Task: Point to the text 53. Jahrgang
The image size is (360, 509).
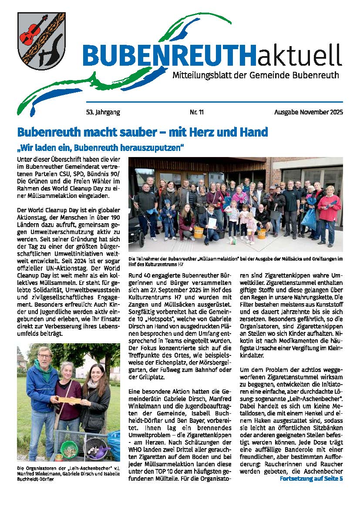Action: (x=103, y=112)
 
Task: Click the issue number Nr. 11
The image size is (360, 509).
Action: (x=197, y=112)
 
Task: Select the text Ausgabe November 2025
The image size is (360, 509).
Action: (x=308, y=112)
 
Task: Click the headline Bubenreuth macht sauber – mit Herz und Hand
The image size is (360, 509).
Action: (x=142, y=132)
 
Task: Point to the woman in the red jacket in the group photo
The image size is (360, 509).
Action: (x=329, y=207)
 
